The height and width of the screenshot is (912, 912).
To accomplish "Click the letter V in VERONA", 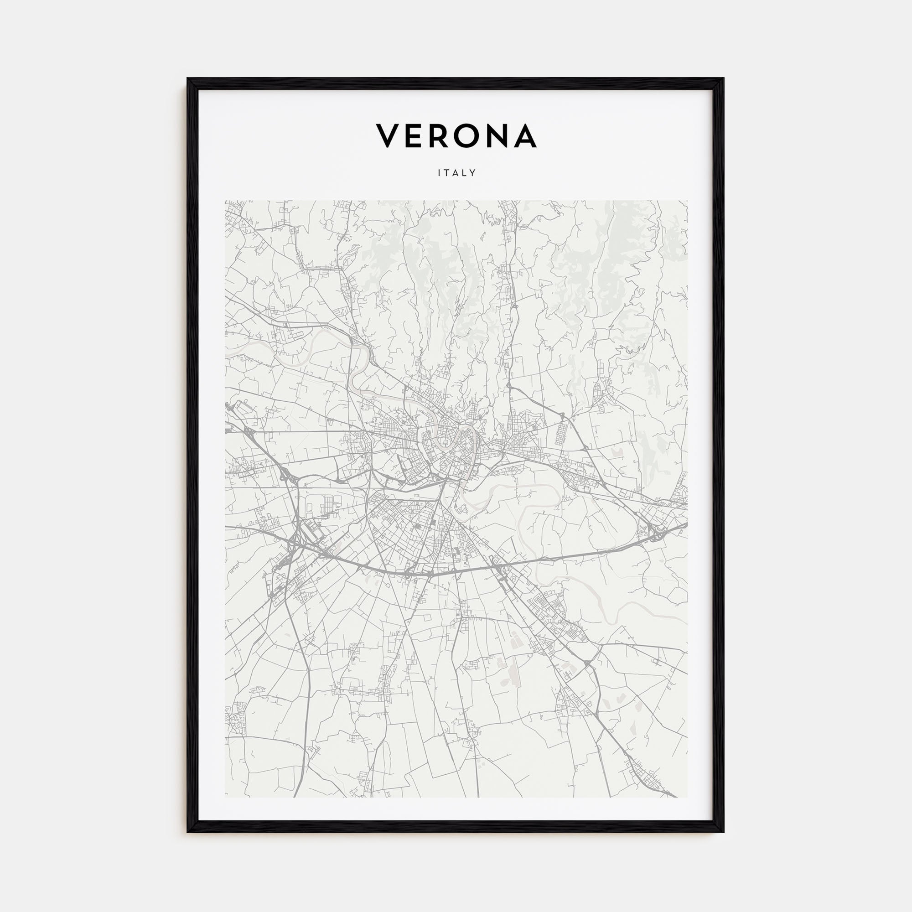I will (388, 136).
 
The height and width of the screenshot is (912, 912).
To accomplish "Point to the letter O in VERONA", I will (472, 136).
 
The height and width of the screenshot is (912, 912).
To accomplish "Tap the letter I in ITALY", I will (439, 173).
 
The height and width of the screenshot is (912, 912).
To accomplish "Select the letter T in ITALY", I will (446, 173).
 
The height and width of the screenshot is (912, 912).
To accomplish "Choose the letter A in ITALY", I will (456, 173).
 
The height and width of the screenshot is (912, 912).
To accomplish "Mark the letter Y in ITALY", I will (473, 173).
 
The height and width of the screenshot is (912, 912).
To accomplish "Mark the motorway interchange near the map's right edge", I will (656, 534).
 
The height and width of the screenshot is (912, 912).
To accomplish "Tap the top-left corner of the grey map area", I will (225, 201).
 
